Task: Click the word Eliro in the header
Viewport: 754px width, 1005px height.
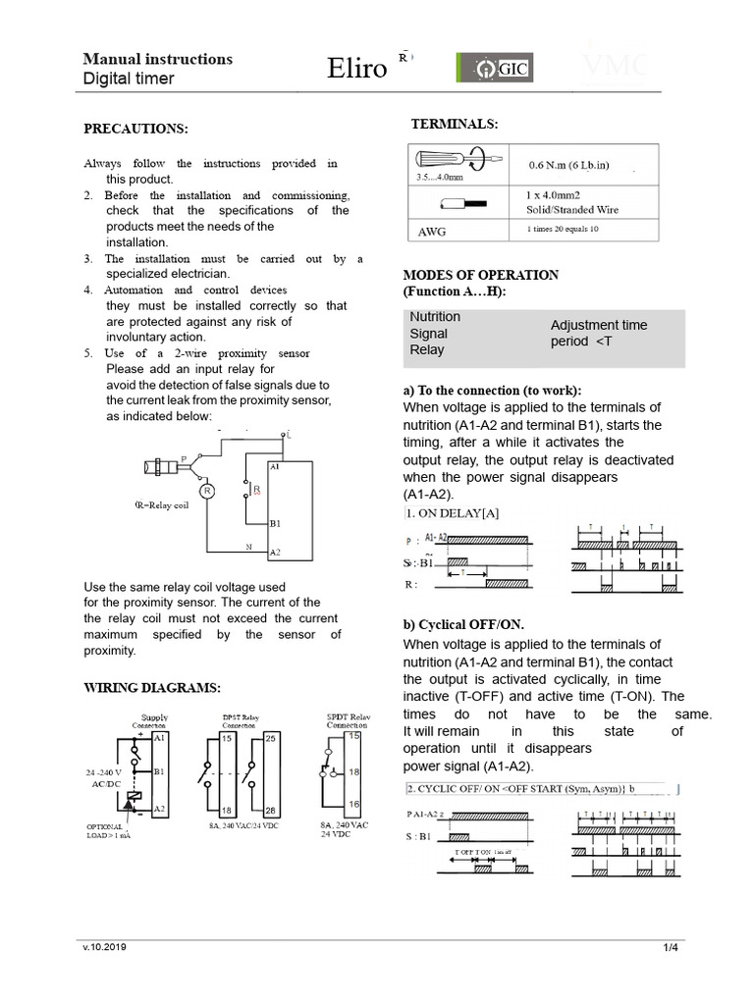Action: pos(357,69)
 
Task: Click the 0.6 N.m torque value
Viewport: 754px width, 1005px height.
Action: pos(568,164)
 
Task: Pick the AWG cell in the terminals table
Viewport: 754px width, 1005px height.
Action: pos(434,232)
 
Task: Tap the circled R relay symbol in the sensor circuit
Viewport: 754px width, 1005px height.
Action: pos(206,489)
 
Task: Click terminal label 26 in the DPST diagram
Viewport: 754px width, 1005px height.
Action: pos(271,810)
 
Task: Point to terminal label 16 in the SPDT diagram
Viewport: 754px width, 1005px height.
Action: pos(353,803)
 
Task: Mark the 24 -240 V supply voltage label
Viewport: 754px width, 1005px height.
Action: pos(109,772)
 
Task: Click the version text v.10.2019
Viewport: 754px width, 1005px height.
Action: pos(104,947)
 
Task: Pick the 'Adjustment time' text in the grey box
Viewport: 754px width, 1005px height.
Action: pos(598,325)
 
